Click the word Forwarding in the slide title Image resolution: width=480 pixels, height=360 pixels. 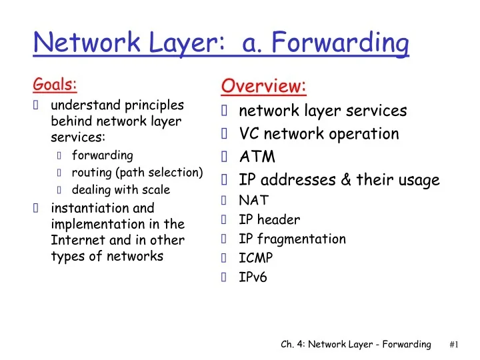pos(344,44)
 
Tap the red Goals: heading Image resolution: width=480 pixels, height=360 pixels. pos(55,85)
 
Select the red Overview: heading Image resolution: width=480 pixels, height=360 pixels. pos(263,86)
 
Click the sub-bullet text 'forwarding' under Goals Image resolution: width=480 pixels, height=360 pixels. pos(103,155)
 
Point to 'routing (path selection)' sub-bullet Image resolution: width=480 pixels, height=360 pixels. pos(137,173)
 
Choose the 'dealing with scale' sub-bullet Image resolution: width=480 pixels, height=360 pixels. pos(121,189)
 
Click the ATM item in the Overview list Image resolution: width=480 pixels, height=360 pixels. pos(257,157)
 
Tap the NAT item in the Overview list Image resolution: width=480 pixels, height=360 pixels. pos(254,199)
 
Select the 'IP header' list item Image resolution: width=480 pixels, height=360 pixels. pos(269,219)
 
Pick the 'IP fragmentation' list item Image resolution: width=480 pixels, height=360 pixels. pos(292,239)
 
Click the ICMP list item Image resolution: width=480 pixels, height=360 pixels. pos(256,258)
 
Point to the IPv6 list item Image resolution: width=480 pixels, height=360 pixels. pos(253,277)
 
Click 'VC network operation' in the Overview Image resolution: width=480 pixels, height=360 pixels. pos(319,134)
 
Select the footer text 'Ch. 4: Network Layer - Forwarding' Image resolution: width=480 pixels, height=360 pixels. pos(355,344)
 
